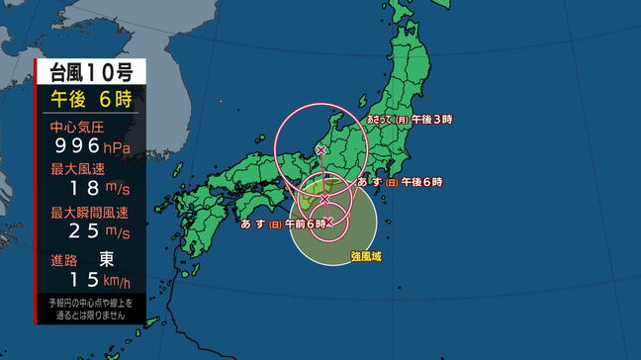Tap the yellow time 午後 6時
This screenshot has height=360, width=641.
pyautogui.click(x=91, y=99)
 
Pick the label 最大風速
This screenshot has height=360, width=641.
pyautogui.click(x=76, y=169)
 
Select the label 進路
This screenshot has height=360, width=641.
pyautogui.click(x=63, y=259)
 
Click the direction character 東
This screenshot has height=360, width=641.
pyautogui.click(x=106, y=259)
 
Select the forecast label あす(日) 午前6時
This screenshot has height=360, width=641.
pyautogui.click(x=283, y=225)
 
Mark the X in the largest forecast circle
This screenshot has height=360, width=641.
pyautogui.click(x=320, y=149)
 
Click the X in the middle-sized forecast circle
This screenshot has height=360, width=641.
pyautogui.click(x=324, y=199)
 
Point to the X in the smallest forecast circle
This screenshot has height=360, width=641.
pyautogui.click(x=328, y=223)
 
